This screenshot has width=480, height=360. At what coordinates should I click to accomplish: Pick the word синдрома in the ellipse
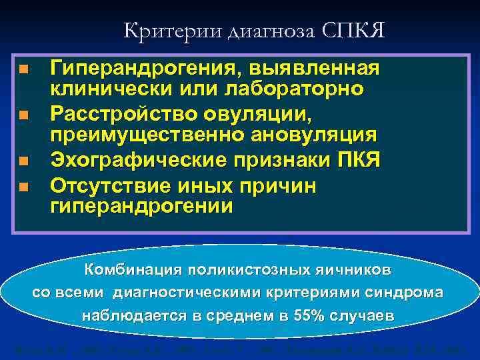point(404,293)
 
